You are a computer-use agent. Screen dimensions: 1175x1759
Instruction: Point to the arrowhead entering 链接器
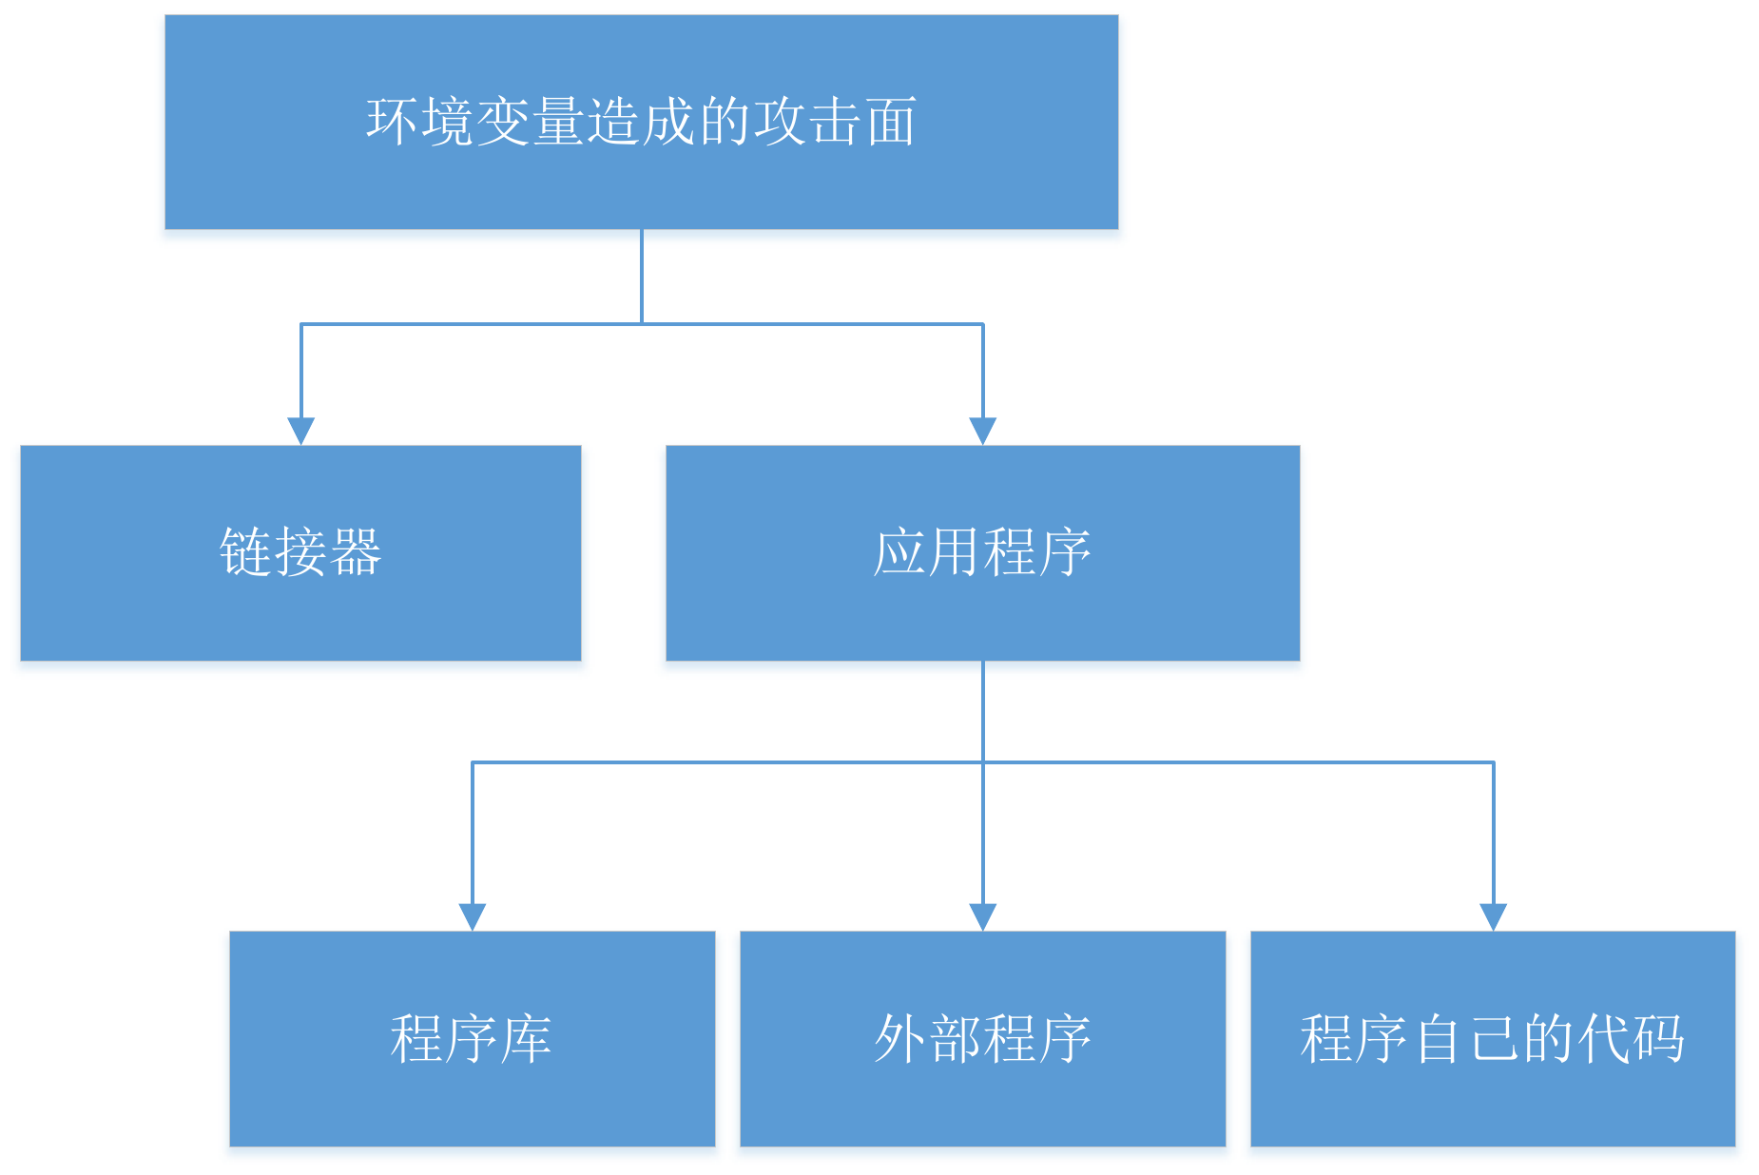300,431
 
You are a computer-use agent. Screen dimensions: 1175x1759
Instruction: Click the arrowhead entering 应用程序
982,431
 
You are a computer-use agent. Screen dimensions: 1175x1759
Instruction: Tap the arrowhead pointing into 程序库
472,916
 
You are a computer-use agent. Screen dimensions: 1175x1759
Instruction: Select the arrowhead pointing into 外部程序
982,916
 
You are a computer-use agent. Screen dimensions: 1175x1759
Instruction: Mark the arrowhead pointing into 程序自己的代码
1493,916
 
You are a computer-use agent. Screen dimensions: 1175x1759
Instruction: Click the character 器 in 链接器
356,552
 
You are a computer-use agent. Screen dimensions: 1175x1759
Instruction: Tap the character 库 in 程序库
526,1038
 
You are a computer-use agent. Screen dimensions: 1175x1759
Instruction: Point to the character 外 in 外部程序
900,1038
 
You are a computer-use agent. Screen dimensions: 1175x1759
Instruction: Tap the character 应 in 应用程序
899,552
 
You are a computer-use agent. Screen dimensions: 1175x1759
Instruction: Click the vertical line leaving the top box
641,276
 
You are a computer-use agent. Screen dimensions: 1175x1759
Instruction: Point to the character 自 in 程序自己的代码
1438,1038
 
